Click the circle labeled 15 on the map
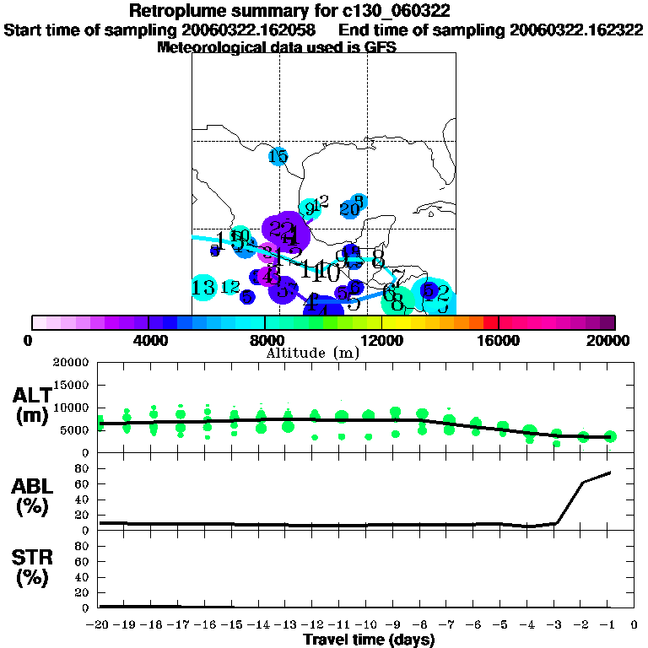278,156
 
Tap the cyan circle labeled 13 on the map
203,288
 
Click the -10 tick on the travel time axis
368,624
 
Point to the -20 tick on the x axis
100,624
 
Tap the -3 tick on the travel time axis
555,624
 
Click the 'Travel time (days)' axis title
369,640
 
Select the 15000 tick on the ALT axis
75,385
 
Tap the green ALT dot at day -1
610,436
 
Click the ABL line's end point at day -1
610,472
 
